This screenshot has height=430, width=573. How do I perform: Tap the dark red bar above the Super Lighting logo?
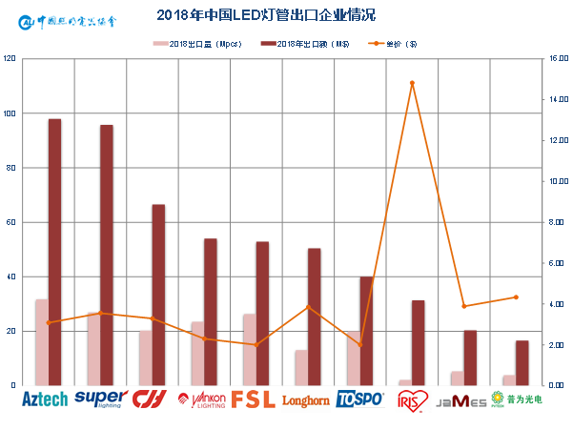point(107,255)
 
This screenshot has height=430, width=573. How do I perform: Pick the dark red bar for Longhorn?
point(315,317)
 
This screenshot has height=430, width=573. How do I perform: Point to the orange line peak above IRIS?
point(412,83)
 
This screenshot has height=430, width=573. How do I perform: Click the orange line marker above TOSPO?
point(359,344)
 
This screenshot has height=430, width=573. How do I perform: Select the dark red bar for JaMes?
point(470,358)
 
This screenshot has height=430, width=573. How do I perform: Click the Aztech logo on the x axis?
point(45,399)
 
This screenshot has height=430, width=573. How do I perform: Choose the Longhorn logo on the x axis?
point(305,400)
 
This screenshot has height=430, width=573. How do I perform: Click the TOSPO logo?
point(359,399)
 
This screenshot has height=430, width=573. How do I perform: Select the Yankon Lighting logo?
point(200,399)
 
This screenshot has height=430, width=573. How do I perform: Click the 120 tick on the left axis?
point(10,59)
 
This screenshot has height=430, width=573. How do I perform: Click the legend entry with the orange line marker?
point(394,44)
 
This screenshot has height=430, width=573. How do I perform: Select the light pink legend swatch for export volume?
point(160,44)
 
